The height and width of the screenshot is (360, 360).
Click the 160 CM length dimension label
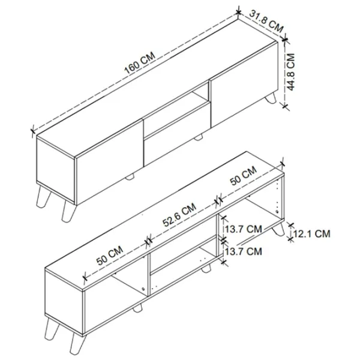140,62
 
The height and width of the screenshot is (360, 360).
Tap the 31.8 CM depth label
266,22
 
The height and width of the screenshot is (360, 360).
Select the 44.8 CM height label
290,72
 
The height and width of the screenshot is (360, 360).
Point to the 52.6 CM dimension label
179,214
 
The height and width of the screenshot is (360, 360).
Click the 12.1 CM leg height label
312,234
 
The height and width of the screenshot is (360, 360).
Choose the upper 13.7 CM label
244,229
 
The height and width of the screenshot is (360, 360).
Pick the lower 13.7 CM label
244,251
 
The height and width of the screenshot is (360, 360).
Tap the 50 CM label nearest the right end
244,175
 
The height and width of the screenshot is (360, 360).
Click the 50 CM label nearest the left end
110,256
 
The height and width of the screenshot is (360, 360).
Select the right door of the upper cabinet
244,84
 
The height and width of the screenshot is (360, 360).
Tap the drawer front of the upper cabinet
177,134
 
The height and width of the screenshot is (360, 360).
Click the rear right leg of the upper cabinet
271,98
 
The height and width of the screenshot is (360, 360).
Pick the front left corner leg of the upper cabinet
69,211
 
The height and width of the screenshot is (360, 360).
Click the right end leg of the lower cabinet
278,230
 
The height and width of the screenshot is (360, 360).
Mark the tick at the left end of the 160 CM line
33,131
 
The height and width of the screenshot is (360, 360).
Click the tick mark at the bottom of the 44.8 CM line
285,106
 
